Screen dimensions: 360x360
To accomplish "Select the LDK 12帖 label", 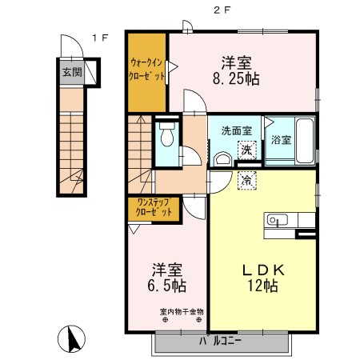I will coord(256,277).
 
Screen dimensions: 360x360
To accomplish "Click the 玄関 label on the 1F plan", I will coord(71,71).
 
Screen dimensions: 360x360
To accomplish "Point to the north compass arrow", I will coord(71,340).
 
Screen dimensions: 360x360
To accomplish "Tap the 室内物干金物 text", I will coord(170,311).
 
